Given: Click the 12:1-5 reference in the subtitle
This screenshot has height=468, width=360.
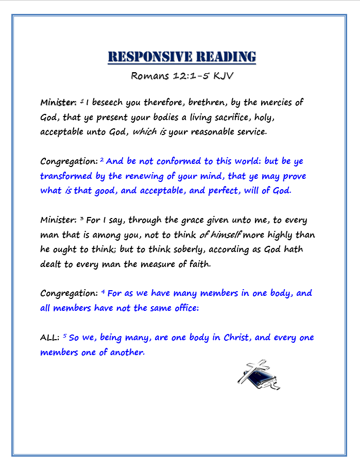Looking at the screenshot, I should pyautogui.click(x=189, y=76).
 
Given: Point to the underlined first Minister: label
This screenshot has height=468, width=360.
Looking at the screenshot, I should pyautogui.click(x=59, y=102).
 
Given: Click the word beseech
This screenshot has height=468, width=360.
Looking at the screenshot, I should pyautogui.click(x=113, y=102).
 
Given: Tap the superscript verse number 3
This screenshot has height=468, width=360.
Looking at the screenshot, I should pyautogui.click(x=81, y=219).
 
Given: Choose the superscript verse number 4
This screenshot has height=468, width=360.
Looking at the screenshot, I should pyautogui.click(x=103, y=292).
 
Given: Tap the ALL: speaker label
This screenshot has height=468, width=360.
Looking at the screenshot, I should pyautogui.click(x=50, y=338).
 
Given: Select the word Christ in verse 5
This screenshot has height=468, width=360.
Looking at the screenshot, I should pyautogui.click(x=236, y=338).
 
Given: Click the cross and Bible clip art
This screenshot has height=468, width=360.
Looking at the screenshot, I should pyautogui.click(x=258, y=375).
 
